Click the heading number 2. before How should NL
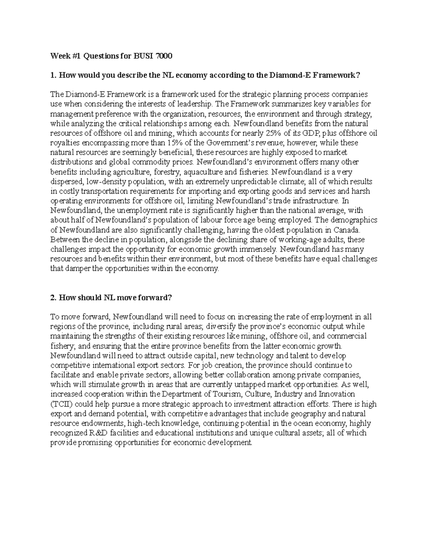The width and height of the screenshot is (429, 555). [x=54, y=298]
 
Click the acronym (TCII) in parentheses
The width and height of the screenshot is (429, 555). [x=61, y=404]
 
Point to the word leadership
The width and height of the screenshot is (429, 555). [x=195, y=104]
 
